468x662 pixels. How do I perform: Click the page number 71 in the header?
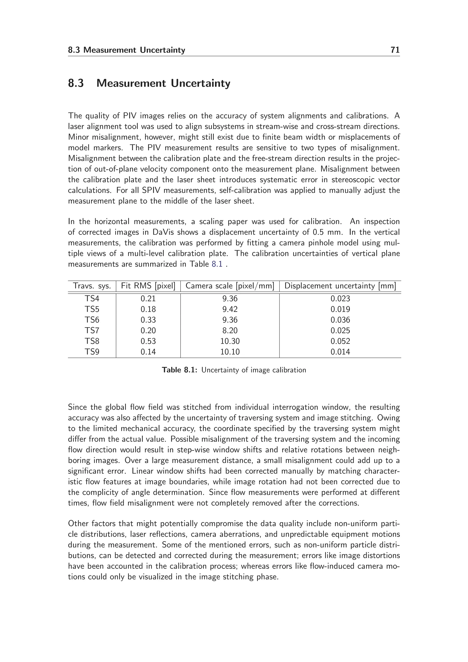pyautogui.click(x=395, y=50)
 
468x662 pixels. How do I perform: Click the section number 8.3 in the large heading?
pyautogui.click(x=76, y=83)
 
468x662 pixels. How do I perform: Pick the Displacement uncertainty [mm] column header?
pyautogui.click(x=340, y=286)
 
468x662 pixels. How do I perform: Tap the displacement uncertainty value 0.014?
pyautogui.click(x=340, y=352)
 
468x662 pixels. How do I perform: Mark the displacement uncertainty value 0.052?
pyautogui.click(x=340, y=341)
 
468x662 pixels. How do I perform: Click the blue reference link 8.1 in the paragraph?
pyautogui.click(x=217, y=264)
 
